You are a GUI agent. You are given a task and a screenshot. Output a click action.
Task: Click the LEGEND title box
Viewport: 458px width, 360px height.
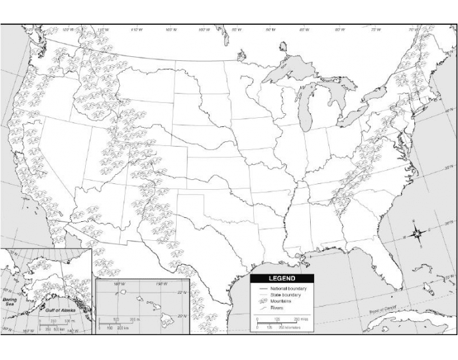coord(273,278)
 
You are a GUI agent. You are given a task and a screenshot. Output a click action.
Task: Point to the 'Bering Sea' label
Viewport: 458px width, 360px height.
coord(11,302)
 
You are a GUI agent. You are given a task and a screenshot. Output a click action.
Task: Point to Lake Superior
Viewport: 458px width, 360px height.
coord(291,69)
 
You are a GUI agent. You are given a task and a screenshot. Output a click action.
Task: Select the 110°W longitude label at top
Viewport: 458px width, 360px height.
coord(136,30)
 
